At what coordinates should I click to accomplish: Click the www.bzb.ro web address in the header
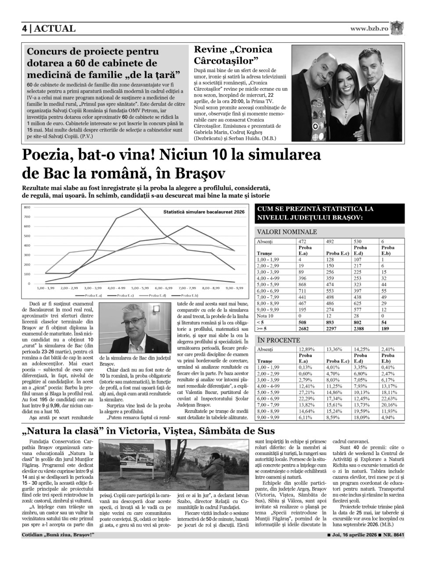point(369,29)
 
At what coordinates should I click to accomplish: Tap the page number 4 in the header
point(25,29)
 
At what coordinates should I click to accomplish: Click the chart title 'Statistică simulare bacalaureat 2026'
point(203,212)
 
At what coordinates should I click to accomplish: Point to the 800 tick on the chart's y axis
point(27,207)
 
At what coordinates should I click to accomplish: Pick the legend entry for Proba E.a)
point(91,296)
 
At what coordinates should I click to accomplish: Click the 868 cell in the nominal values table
point(303,284)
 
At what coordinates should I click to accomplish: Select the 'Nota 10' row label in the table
point(264,315)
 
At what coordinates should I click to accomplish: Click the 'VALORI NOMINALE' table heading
point(287,232)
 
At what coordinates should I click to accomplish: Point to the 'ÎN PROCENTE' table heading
point(279,340)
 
